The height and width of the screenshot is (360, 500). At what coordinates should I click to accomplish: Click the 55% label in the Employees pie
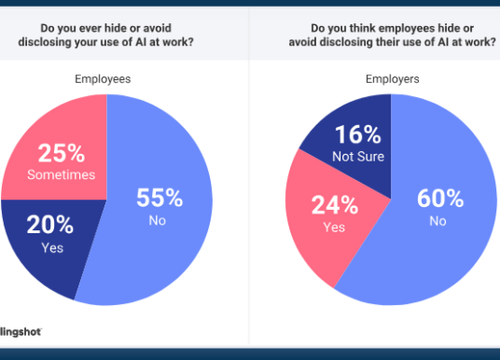[x=159, y=197]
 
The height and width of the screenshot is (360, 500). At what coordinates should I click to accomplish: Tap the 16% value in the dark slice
[x=357, y=135]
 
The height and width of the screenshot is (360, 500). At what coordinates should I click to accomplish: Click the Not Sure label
[x=357, y=156]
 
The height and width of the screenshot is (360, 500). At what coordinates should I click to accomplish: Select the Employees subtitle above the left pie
[x=103, y=79]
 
